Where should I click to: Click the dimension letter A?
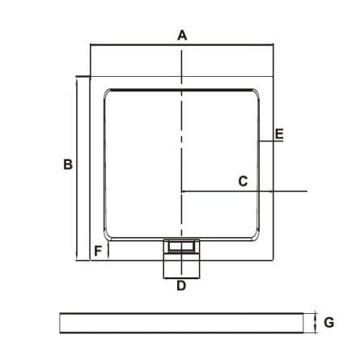[182, 36]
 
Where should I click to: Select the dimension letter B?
[68, 164]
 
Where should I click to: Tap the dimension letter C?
[243, 181]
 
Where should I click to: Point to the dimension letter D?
[181, 286]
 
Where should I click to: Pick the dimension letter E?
[279, 134]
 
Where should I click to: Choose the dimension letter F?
[98, 251]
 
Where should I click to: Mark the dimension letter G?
[329, 323]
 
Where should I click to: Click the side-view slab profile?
[181, 323]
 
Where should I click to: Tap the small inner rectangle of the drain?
[181, 247]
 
